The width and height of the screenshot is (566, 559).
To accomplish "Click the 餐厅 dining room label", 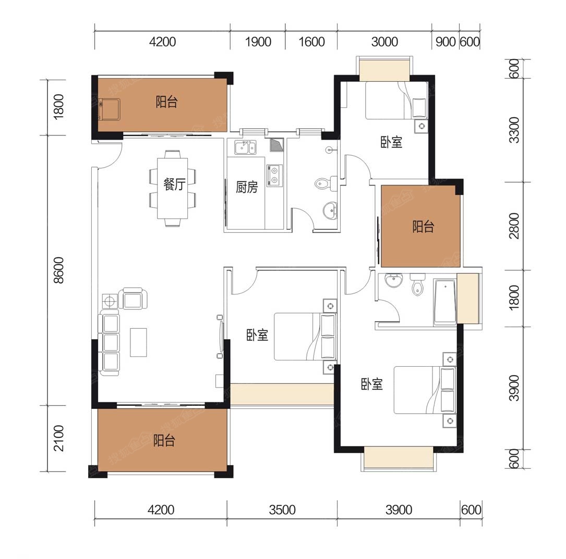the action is [x=174, y=184].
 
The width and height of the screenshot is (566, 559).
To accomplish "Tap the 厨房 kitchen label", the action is [x=247, y=187].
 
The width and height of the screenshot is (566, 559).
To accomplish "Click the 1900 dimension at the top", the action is [x=258, y=42].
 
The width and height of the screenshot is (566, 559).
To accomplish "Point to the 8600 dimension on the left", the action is [x=58, y=270].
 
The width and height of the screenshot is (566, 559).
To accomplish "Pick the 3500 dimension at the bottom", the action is [x=282, y=510].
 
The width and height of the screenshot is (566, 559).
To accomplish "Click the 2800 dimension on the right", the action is [x=514, y=226].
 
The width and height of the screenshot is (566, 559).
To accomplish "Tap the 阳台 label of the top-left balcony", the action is [x=166, y=102].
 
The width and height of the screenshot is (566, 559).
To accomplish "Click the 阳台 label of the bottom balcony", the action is [x=164, y=440].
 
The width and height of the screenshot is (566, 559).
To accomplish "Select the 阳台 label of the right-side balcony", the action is [x=423, y=227].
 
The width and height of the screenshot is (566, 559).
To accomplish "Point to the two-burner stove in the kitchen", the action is [x=274, y=176].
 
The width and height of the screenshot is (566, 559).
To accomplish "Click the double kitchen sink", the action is [x=245, y=147].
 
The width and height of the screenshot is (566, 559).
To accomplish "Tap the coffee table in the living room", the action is [x=138, y=342].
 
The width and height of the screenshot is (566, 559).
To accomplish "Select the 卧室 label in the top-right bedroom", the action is [x=391, y=142].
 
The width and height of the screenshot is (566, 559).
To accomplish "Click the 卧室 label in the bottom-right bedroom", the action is [x=372, y=384].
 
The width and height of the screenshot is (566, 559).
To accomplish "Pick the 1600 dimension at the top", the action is [x=311, y=42].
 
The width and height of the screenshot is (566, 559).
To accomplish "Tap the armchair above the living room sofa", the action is [x=134, y=299].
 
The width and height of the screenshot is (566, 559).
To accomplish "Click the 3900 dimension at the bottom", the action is [x=399, y=510].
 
